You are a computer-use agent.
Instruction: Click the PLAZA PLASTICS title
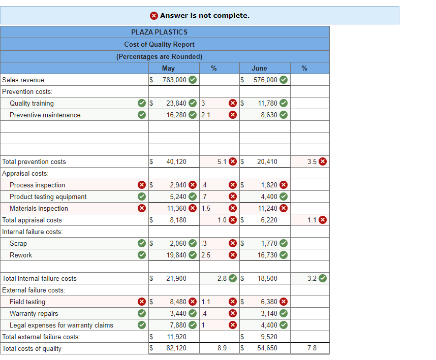click(x=159, y=32)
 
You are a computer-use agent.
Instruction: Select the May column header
click(x=168, y=68)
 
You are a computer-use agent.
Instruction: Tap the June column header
click(x=259, y=68)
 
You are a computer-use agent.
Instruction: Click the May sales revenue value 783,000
click(x=174, y=80)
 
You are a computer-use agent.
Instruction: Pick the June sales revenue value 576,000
click(x=265, y=80)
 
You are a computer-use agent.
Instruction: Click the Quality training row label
click(x=32, y=103)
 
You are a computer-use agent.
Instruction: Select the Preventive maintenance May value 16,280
click(x=176, y=115)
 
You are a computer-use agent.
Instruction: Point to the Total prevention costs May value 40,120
click(x=176, y=161)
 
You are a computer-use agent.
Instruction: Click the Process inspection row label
click(x=37, y=185)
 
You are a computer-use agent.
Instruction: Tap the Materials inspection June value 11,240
click(x=269, y=208)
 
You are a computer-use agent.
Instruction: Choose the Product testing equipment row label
click(x=48, y=197)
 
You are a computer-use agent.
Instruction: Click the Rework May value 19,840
click(x=176, y=255)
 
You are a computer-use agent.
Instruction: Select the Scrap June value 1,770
click(x=269, y=243)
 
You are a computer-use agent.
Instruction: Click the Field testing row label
click(x=27, y=302)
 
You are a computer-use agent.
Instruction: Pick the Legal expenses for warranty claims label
click(x=61, y=325)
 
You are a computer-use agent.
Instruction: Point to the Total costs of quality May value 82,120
click(x=176, y=348)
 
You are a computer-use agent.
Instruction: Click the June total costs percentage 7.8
click(x=312, y=348)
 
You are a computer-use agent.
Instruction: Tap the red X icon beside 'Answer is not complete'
click(x=154, y=15)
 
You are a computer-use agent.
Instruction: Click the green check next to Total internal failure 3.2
click(x=323, y=278)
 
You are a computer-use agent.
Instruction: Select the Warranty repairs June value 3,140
click(x=269, y=313)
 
